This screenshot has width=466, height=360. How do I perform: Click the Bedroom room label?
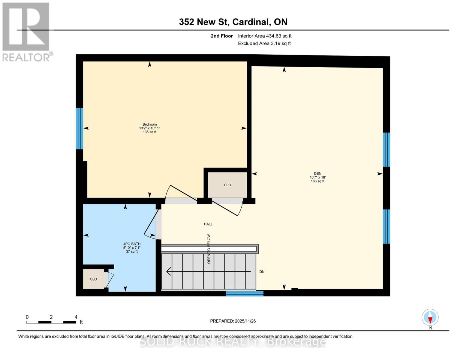149,124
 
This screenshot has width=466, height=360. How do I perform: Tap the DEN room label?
317,173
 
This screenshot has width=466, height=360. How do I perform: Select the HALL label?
208,224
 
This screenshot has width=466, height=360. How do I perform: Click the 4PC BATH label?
132,244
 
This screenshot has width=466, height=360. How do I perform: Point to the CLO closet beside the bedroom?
227,185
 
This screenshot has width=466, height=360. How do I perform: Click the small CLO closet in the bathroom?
93,279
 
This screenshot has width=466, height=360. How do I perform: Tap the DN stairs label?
262,272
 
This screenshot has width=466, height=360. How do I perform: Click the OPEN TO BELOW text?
209,249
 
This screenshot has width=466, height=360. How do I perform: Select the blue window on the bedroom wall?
79,128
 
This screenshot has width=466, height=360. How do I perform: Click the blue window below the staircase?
245,293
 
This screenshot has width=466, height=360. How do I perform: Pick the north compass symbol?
430,317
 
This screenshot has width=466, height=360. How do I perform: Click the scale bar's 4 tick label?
76,317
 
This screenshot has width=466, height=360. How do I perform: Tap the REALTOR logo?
26,31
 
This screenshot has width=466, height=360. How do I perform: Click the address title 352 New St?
233,22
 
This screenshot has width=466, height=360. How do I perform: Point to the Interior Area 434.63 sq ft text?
265,36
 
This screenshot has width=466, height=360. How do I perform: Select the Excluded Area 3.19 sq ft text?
264,43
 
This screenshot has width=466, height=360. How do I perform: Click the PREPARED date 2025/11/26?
233,321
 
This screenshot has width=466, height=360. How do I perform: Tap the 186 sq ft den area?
317,181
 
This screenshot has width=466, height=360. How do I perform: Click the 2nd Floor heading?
222,36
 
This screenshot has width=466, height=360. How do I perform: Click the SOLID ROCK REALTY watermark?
233,342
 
